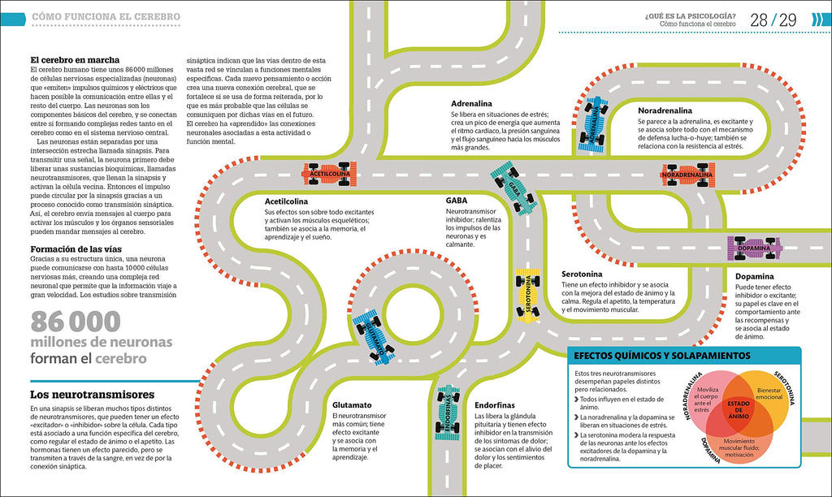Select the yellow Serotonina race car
pyautogui.click(x=527, y=293)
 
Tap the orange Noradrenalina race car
pyautogui.click(x=689, y=175)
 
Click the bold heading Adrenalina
pyautogui.click(x=472, y=104)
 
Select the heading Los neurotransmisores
pyautogui.click(x=92, y=395)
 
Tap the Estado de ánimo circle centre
pyautogui.click(x=739, y=408)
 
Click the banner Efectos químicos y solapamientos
pyautogui.click(x=661, y=356)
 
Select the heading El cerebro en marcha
pyautogui.click(x=75, y=60)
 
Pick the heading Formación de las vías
pyautogui.click(x=77, y=249)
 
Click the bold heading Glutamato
pyautogui.click(x=352, y=404)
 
